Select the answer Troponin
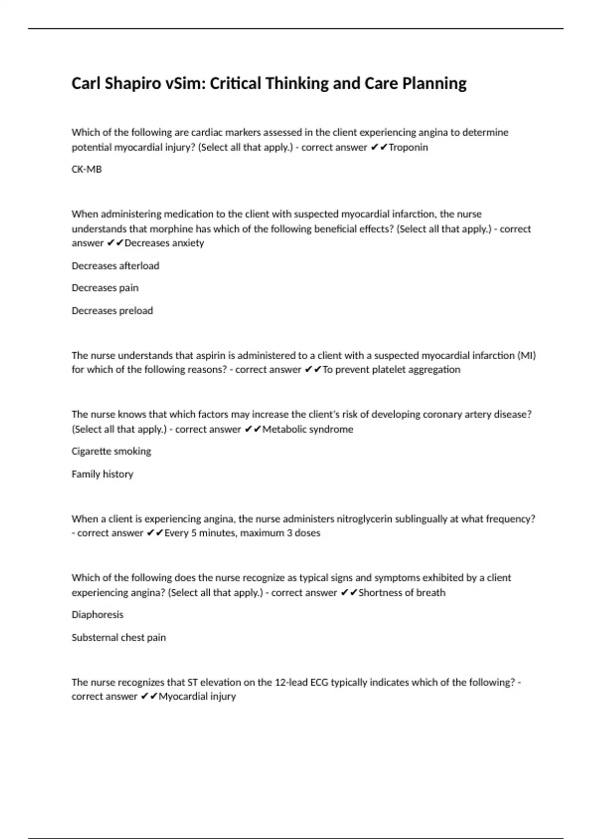click(x=408, y=147)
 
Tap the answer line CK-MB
click(x=87, y=169)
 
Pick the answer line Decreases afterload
click(x=115, y=266)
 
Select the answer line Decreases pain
click(x=105, y=288)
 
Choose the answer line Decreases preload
click(x=112, y=310)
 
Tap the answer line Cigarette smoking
click(x=111, y=451)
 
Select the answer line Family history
click(x=103, y=474)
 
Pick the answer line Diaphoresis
click(x=98, y=614)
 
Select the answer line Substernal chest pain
click(x=119, y=637)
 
